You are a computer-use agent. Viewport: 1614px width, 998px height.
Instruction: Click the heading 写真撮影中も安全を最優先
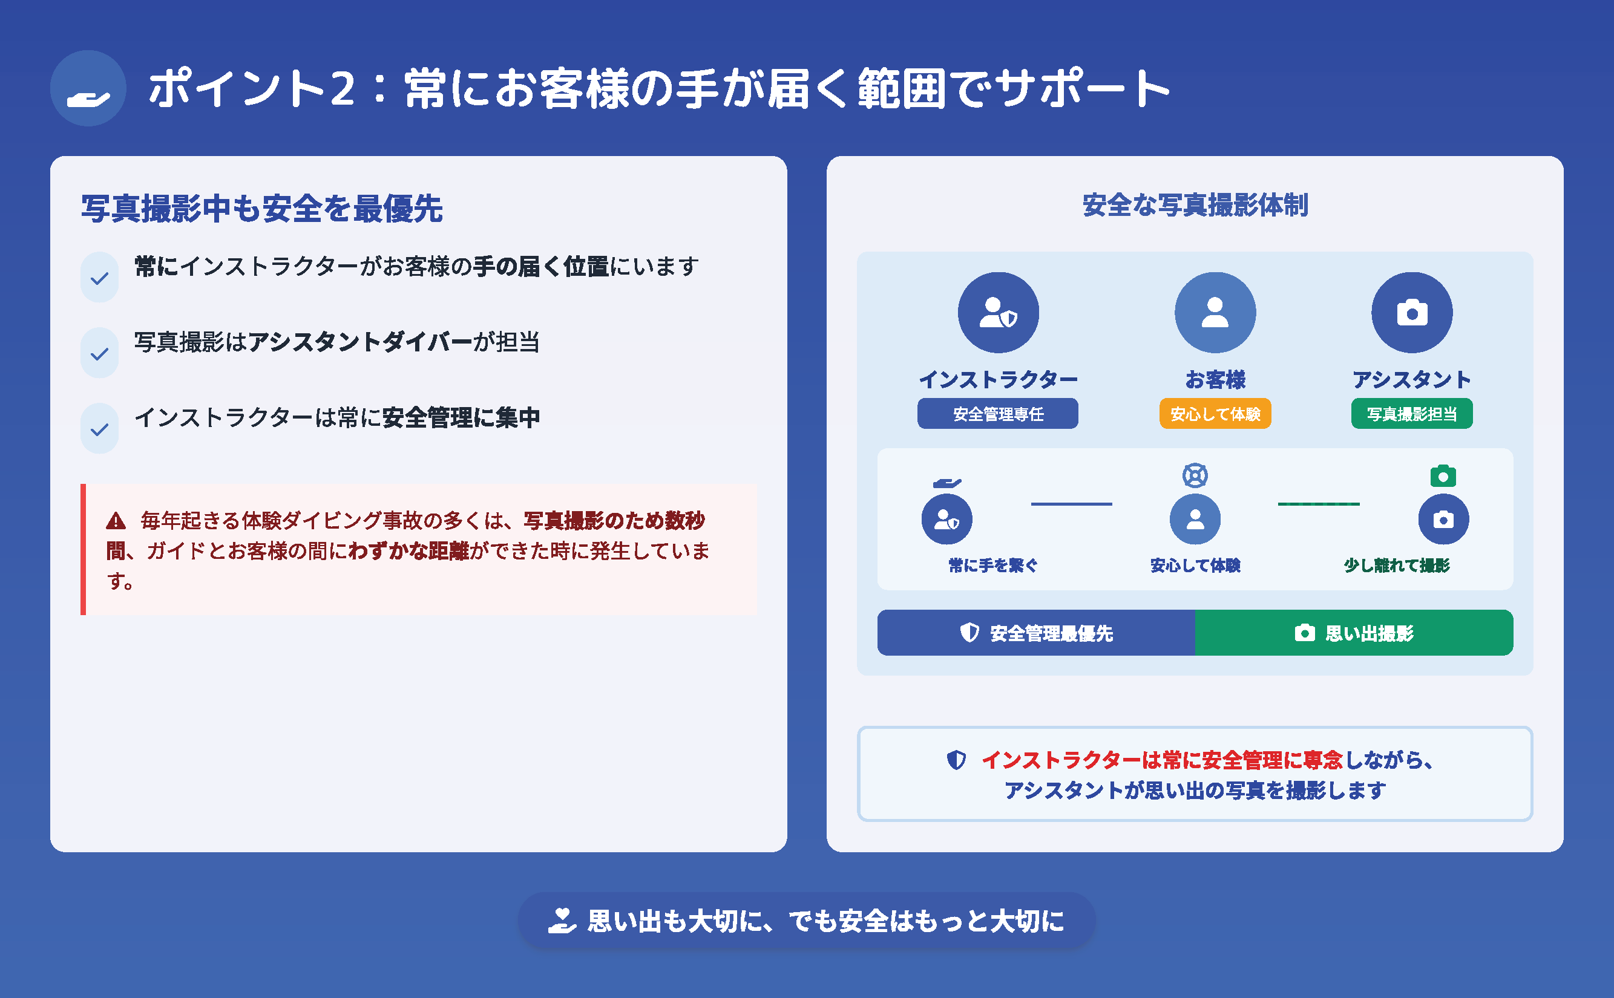pyautogui.click(x=261, y=209)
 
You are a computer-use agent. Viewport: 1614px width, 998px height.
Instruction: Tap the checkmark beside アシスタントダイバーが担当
pyautogui.click(x=100, y=354)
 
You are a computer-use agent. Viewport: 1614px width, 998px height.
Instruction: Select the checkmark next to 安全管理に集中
pyautogui.click(x=100, y=429)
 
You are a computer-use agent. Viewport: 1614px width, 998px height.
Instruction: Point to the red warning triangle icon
pyautogui.click(x=116, y=521)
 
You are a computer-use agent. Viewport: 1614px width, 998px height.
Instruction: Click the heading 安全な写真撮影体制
pyautogui.click(x=1195, y=205)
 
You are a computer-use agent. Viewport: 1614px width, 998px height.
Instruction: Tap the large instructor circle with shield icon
pyautogui.click(x=998, y=312)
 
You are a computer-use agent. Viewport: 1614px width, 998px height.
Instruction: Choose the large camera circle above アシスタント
pyautogui.click(x=1411, y=312)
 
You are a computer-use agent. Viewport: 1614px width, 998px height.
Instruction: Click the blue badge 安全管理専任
pyautogui.click(x=997, y=414)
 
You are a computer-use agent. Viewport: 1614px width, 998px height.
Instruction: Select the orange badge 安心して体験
pyautogui.click(x=1215, y=414)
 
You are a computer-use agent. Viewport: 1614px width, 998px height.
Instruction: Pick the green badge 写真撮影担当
pyautogui.click(x=1411, y=414)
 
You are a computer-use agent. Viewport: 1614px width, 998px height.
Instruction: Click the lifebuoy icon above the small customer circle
pyautogui.click(x=1195, y=475)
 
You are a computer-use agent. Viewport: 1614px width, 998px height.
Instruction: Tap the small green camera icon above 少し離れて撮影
pyautogui.click(x=1443, y=476)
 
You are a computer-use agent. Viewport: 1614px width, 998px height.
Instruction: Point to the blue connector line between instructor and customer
pyautogui.click(x=1071, y=504)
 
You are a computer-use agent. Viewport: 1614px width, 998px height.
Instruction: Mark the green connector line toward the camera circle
pyautogui.click(x=1318, y=504)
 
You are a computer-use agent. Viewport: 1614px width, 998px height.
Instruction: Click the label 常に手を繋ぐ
pyautogui.click(x=992, y=565)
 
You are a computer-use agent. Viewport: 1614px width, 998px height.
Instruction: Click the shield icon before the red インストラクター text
pyautogui.click(x=956, y=760)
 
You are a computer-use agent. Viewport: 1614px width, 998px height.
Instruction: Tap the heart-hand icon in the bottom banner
pyautogui.click(x=562, y=921)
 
